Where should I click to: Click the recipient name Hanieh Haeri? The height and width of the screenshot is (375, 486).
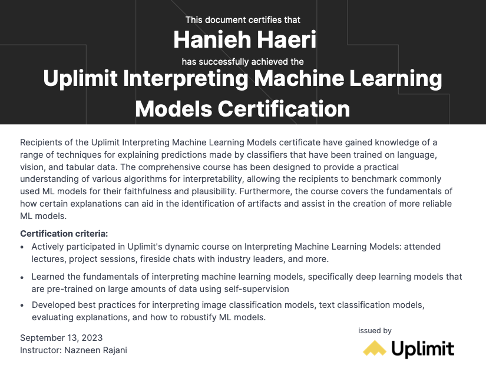coord(244,39)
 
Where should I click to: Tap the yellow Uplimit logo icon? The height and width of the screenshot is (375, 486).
coord(375,348)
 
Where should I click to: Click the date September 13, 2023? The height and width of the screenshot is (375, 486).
coord(61,338)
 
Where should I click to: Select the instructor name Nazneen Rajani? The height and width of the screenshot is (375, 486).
coord(96,350)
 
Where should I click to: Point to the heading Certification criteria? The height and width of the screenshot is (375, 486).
coord(64,234)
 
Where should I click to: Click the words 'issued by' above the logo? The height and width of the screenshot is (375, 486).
coord(375,331)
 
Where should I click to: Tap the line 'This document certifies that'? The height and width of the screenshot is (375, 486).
coord(243,20)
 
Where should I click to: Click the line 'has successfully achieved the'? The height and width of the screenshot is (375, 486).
coord(243,62)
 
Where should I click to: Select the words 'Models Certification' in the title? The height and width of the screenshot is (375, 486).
coord(243,109)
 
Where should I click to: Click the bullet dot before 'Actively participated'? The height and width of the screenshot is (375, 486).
coord(22,247)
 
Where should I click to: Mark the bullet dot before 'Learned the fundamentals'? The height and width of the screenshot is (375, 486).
coord(22,277)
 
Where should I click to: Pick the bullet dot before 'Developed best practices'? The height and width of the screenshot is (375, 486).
coord(22,306)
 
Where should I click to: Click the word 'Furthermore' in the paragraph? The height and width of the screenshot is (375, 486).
coord(265,191)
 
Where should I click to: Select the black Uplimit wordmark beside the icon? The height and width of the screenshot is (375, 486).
coord(423,349)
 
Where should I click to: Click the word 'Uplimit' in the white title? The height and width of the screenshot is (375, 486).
coord(80,79)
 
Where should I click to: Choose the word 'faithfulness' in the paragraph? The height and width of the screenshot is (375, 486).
coord(147,191)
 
